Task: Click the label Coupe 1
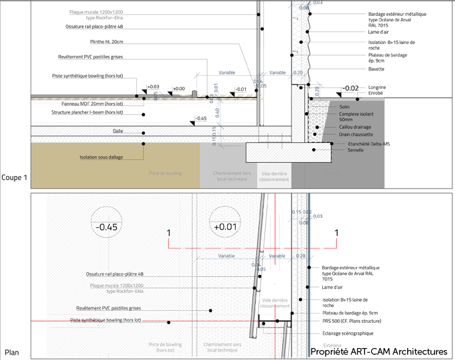click(15, 177)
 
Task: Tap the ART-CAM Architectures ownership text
click(383, 351)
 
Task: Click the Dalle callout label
click(118, 132)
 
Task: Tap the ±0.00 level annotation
click(178, 89)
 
